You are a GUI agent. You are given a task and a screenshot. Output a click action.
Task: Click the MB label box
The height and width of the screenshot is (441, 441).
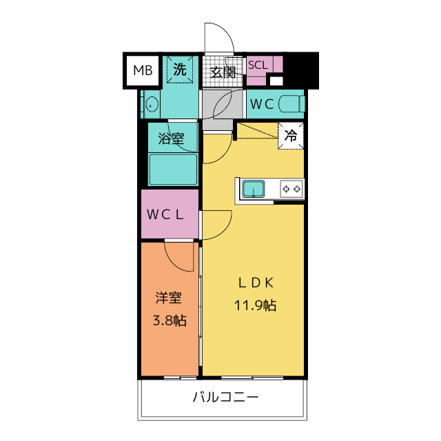[143, 70]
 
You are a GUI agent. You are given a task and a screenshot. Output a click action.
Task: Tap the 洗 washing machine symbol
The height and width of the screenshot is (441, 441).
[179, 70]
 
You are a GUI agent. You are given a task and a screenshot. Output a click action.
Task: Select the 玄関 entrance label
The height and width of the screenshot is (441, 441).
[223, 72]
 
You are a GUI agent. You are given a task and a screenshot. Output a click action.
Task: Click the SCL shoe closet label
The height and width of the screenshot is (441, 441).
[258, 65]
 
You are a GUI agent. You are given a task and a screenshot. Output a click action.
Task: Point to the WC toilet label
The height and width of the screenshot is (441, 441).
[262, 104]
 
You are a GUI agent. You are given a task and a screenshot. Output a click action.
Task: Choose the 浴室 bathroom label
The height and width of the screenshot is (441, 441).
[172, 138]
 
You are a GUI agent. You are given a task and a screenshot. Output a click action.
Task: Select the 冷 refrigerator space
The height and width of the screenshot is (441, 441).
[291, 136]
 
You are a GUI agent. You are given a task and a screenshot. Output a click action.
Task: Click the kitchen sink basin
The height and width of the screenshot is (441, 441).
[254, 187]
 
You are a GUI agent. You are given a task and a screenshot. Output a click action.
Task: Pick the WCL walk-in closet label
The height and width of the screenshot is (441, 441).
[165, 214]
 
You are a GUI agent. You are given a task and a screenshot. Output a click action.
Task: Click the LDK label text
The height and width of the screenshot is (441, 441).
[256, 282]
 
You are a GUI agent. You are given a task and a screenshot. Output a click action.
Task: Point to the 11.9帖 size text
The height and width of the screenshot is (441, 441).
[256, 305]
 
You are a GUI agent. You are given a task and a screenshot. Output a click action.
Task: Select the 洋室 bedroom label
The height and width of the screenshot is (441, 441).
[168, 298]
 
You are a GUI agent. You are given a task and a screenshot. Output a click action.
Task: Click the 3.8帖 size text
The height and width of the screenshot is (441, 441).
[169, 320]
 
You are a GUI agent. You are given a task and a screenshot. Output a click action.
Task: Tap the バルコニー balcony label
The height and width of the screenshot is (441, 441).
[225, 398]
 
